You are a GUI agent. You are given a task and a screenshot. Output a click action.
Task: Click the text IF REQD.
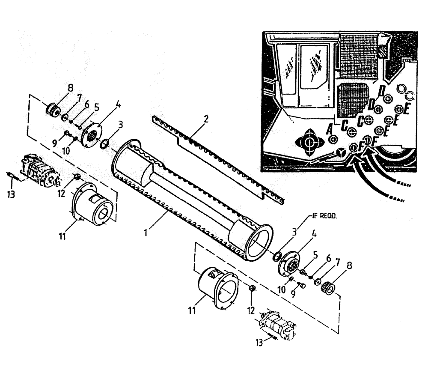[x=324, y=217]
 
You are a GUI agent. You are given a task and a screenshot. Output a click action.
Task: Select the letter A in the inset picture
[x=330, y=128]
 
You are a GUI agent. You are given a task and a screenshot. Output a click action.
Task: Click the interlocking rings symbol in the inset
[x=405, y=90]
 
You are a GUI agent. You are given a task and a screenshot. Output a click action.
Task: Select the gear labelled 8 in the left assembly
[x=53, y=108]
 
